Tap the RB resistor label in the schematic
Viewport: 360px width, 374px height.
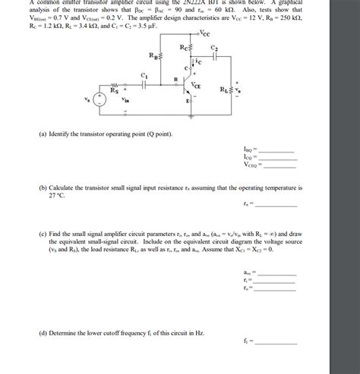(x=153, y=57)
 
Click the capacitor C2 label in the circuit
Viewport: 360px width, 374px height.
(x=214, y=49)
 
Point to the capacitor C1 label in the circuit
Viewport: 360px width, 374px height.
(x=144, y=75)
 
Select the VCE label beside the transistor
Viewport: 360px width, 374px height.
(x=197, y=85)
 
